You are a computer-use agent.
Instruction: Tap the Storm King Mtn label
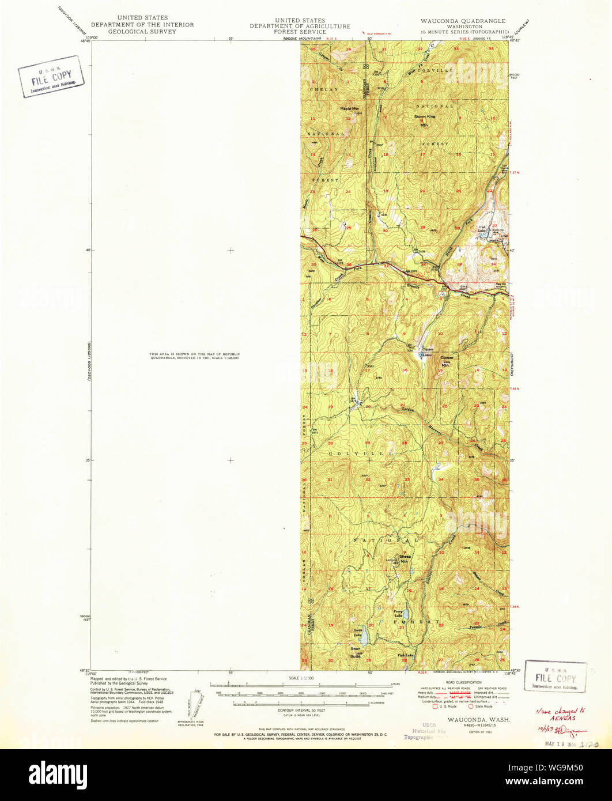pyautogui.click(x=425, y=120)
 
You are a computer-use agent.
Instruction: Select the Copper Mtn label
pyautogui.click(x=447, y=361)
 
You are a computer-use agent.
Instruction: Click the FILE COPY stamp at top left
pyautogui.click(x=51, y=77)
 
